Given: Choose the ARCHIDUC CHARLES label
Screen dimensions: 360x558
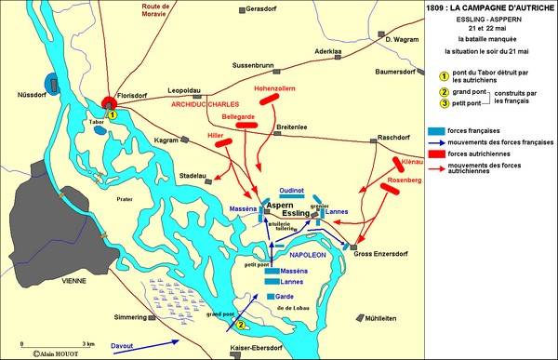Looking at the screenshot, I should [x=206, y=105].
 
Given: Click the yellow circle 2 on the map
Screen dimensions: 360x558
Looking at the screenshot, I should [x=241, y=325].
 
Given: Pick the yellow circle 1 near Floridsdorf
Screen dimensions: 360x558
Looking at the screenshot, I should [x=110, y=114].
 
